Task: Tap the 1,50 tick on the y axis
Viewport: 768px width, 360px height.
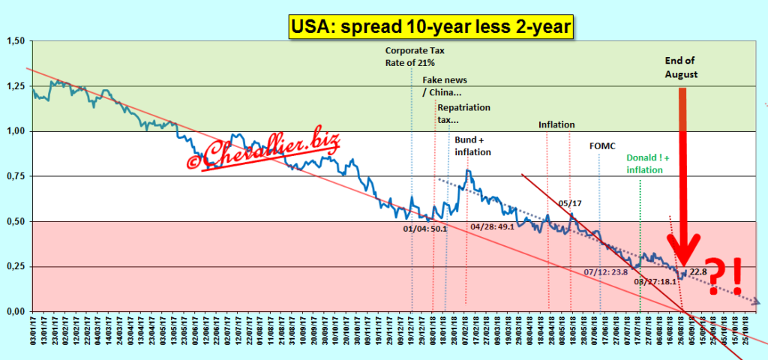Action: click(x=15, y=41)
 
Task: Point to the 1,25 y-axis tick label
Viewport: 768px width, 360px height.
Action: click(x=15, y=86)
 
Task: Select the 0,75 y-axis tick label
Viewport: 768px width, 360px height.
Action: click(x=15, y=176)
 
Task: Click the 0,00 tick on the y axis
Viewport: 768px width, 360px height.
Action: click(x=15, y=310)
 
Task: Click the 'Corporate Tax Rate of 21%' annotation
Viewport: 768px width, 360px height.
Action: click(x=415, y=56)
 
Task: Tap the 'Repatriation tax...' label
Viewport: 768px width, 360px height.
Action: click(x=463, y=113)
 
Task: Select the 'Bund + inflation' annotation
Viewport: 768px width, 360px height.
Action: click(x=473, y=146)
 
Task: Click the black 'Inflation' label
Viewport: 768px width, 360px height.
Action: click(x=556, y=125)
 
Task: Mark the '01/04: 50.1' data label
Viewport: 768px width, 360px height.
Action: click(x=424, y=228)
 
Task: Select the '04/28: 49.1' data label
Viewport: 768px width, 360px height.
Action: click(x=492, y=226)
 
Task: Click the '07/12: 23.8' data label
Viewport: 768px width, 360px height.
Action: click(x=605, y=271)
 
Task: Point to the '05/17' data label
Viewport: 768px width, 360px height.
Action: click(x=569, y=202)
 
